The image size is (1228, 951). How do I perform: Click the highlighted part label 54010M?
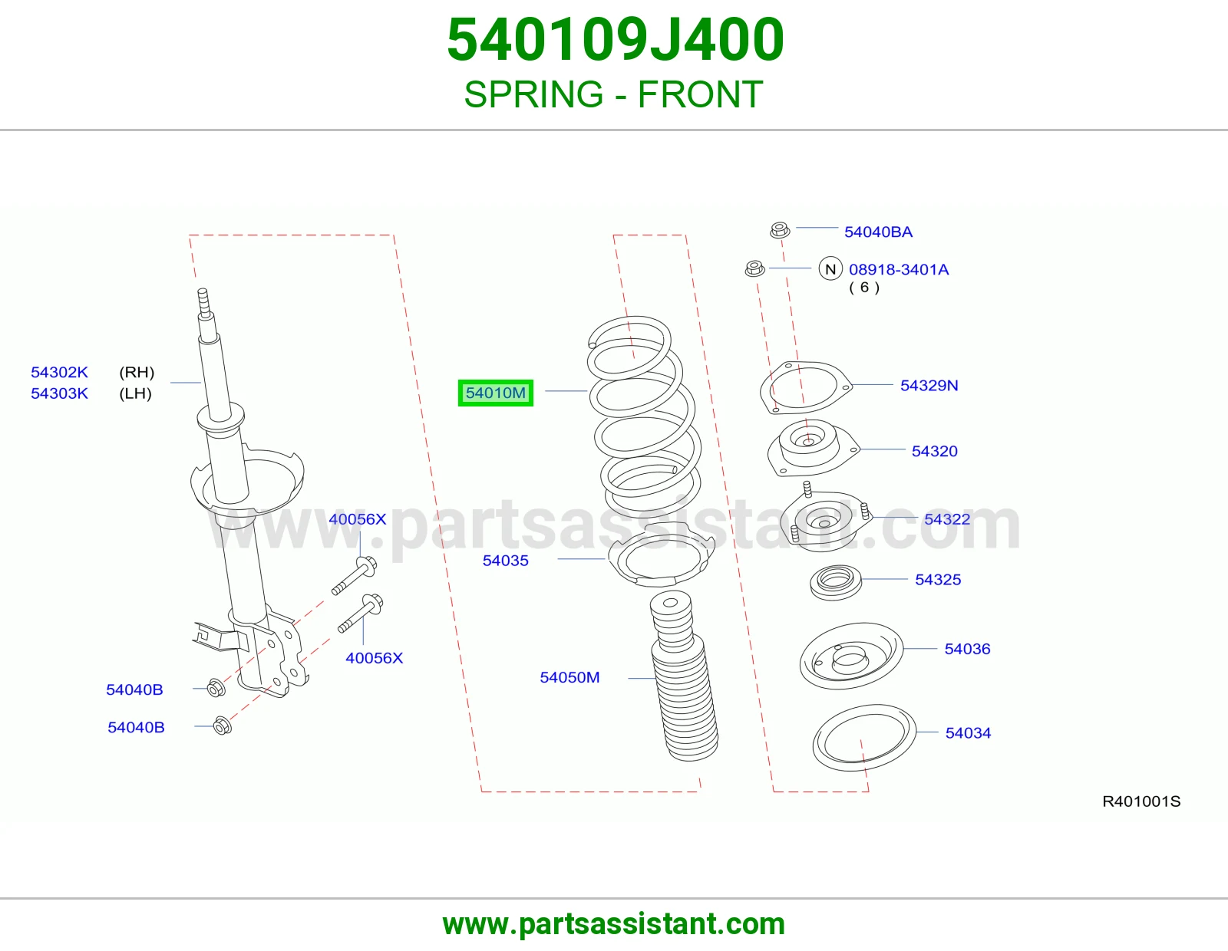[x=496, y=393]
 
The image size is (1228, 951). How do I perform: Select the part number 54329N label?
[x=929, y=385]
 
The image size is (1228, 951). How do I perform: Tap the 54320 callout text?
[x=935, y=451]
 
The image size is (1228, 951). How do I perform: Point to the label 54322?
[x=947, y=519]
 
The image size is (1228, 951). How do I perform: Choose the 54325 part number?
[x=938, y=579]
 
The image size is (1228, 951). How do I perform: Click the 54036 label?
[x=968, y=649]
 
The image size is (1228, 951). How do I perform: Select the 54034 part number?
[x=968, y=733]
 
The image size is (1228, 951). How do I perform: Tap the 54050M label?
[x=569, y=677]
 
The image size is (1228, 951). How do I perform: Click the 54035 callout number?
[x=505, y=560]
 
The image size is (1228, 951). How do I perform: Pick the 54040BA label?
[x=878, y=232]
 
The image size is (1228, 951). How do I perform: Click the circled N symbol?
[x=830, y=268]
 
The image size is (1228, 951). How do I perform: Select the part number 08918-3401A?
[x=899, y=269]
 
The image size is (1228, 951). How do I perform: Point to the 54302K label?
[x=59, y=372]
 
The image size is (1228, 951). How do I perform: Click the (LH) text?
[x=136, y=393]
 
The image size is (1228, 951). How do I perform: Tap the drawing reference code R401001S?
[x=1141, y=801]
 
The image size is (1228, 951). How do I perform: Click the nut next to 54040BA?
[x=780, y=230]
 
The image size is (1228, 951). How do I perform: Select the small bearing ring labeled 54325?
[x=836, y=581]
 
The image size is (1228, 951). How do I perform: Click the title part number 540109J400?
[x=615, y=40]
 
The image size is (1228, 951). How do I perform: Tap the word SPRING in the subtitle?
[x=533, y=94]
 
